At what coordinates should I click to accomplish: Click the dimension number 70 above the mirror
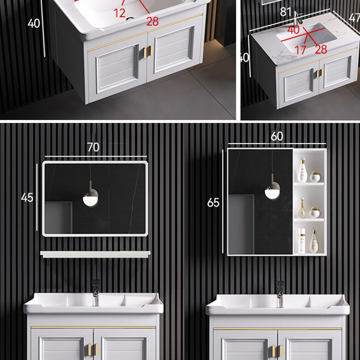pyautogui.click(x=93, y=147)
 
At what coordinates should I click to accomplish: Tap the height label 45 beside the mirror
pyautogui.click(x=27, y=197)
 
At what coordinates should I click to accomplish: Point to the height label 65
pyautogui.click(x=213, y=202)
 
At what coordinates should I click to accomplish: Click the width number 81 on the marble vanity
pyautogui.click(x=286, y=12)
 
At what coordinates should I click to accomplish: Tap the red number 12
pyautogui.click(x=119, y=13)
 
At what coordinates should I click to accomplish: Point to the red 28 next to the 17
pyautogui.click(x=321, y=49)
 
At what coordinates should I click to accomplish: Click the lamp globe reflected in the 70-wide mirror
pyautogui.click(x=90, y=198)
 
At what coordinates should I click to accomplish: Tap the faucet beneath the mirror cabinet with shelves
pyautogui.click(x=279, y=293)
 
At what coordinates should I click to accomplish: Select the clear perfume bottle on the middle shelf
pyautogui.click(x=302, y=209)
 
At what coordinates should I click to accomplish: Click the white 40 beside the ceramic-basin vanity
pyautogui.click(x=34, y=23)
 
